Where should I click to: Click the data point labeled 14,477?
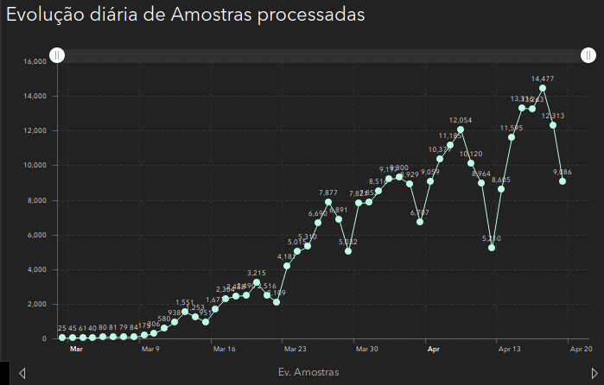tap(543, 88)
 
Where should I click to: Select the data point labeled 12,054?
tap(461, 129)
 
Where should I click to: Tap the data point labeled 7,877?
tap(328, 202)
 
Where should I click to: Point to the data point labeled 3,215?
tap(257, 282)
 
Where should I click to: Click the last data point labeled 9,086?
tap(563, 181)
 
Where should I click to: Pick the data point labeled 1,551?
tap(185, 312)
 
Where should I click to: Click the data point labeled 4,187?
tap(287, 266)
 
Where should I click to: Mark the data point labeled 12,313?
tap(553, 125)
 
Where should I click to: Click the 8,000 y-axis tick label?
tap(36, 200)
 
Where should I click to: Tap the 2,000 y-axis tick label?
tap(36, 304)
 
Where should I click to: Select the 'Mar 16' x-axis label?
tap(224, 350)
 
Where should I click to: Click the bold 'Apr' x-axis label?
tap(434, 350)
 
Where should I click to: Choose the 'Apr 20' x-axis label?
tap(581, 350)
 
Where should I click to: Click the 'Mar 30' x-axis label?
tap(366, 350)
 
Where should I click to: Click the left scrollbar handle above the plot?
tap(57, 55)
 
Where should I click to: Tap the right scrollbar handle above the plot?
tap(587, 55)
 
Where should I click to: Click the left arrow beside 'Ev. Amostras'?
tap(22, 373)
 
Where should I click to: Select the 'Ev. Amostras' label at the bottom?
tap(308, 371)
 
